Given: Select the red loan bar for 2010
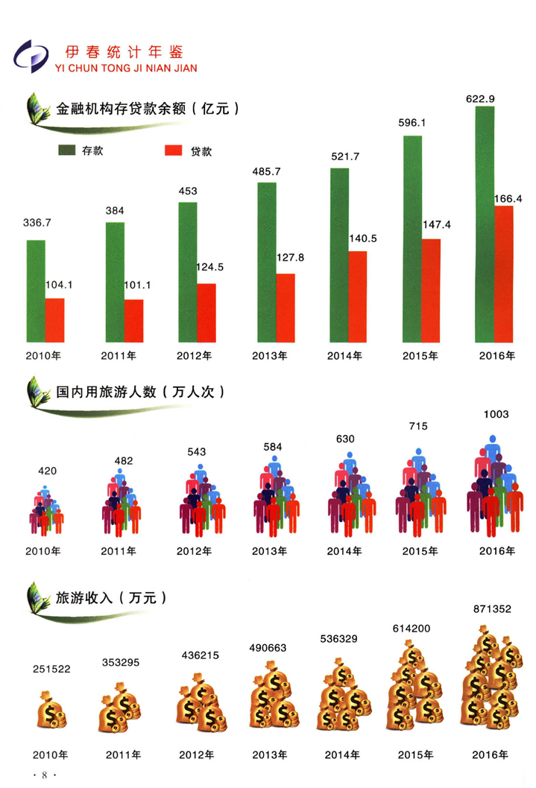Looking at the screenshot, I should [54, 321].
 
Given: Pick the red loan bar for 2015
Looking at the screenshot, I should [430, 291].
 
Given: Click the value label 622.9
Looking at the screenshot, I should [484, 98].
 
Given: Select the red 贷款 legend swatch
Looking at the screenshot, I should [172, 151].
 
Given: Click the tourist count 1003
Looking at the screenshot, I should [495, 414].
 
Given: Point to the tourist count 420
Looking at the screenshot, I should [47, 471].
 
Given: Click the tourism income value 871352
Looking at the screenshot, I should [492, 609].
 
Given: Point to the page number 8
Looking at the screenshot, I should [45, 775].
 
